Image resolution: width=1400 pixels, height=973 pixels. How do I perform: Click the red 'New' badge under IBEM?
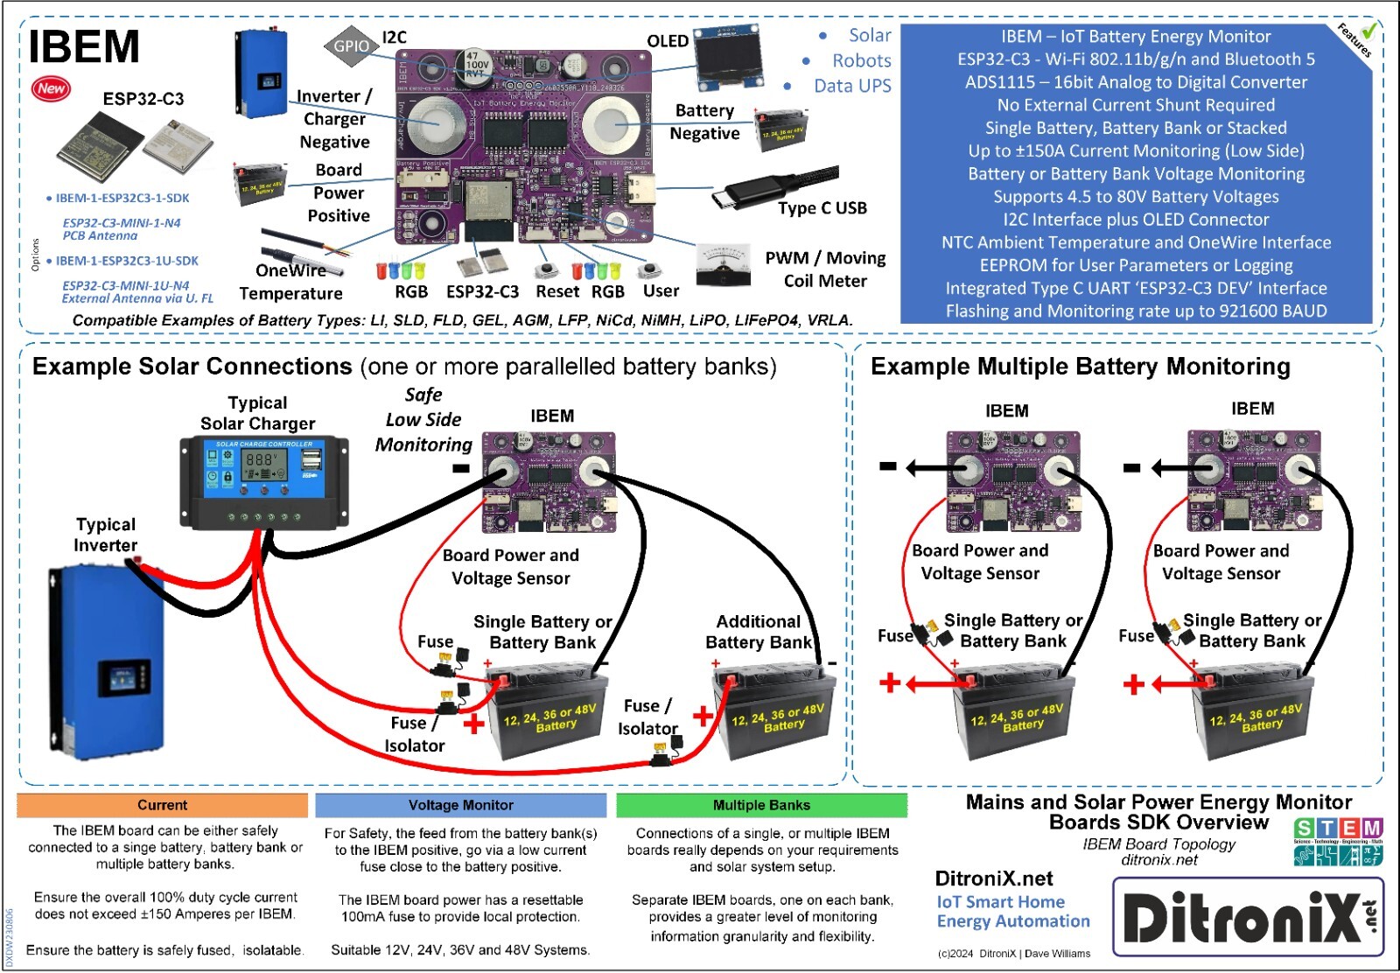click(x=51, y=87)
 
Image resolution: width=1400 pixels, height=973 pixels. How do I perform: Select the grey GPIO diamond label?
click(x=350, y=46)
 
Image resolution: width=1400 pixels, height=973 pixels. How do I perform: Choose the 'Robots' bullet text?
click(x=861, y=60)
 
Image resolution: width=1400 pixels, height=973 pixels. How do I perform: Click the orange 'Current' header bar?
click(x=162, y=805)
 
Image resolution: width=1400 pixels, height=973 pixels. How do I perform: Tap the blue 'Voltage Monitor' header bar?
click(x=460, y=805)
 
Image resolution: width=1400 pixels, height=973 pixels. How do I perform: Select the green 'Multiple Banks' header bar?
click(x=761, y=805)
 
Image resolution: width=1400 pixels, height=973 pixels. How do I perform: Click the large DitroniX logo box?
click(x=1248, y=917)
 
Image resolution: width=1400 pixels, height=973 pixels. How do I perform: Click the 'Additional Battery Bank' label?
click(x=759, y=632)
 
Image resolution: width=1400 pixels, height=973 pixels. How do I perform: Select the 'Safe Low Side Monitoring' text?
click(x=423, y=420)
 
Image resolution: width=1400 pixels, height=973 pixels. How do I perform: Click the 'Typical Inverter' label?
click(x=106, y=535)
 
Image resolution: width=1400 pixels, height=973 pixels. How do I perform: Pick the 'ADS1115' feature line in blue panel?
click(x=1136, y=82)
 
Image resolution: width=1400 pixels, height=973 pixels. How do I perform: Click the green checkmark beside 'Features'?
click(x=1368, y=31)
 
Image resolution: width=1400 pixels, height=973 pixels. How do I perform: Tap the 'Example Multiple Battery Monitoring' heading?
click(x=1080, y=367)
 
